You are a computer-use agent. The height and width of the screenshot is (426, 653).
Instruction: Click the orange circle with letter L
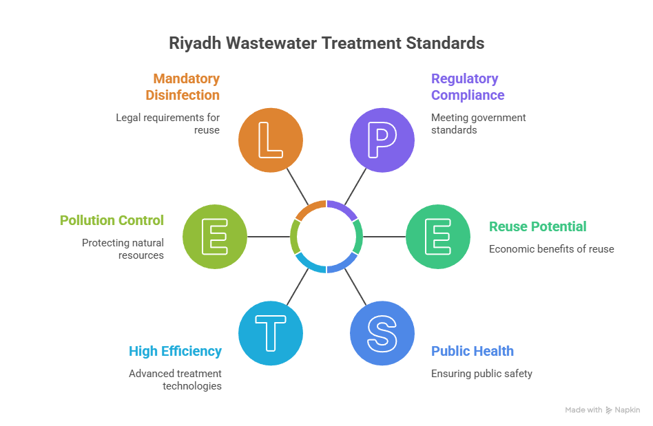coord(270,140)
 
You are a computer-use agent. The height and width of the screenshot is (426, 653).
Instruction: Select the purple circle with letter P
coord(382,140)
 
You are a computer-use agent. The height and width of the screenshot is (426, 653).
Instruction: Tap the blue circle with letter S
coord(382,332)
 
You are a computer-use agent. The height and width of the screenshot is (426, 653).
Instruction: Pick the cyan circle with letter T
coord(270,332)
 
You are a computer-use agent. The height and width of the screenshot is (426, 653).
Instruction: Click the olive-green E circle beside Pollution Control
coord(214,236)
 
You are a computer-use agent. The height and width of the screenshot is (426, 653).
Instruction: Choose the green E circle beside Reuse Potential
coord(437,236)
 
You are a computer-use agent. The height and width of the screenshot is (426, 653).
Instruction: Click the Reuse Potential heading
coord(537,226)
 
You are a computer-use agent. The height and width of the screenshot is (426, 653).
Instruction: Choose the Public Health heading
coord(473,351)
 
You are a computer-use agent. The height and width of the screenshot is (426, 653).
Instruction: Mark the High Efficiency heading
coord(176,351)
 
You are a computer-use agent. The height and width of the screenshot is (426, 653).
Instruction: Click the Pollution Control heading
coord(112,220)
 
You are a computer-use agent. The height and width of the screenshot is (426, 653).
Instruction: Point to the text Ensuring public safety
coord(481,374)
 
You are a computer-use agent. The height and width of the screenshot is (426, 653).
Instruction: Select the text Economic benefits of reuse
coord(551,248)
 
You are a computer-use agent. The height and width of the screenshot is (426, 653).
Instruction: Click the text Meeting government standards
coord(478,123)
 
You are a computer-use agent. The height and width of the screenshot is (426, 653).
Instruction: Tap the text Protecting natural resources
coord(123,248)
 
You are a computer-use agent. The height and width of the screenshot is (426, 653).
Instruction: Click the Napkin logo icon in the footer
coord(609,410)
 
